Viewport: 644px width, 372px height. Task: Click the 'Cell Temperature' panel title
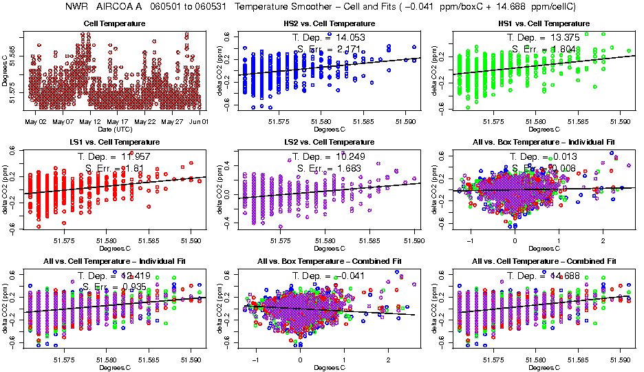pos(114,23)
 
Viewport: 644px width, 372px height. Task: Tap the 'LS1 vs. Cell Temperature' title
pos(114,143)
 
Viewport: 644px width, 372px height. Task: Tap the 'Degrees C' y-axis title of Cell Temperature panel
pos(6,70)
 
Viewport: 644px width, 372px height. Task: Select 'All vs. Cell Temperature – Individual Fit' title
pos(114,262)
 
